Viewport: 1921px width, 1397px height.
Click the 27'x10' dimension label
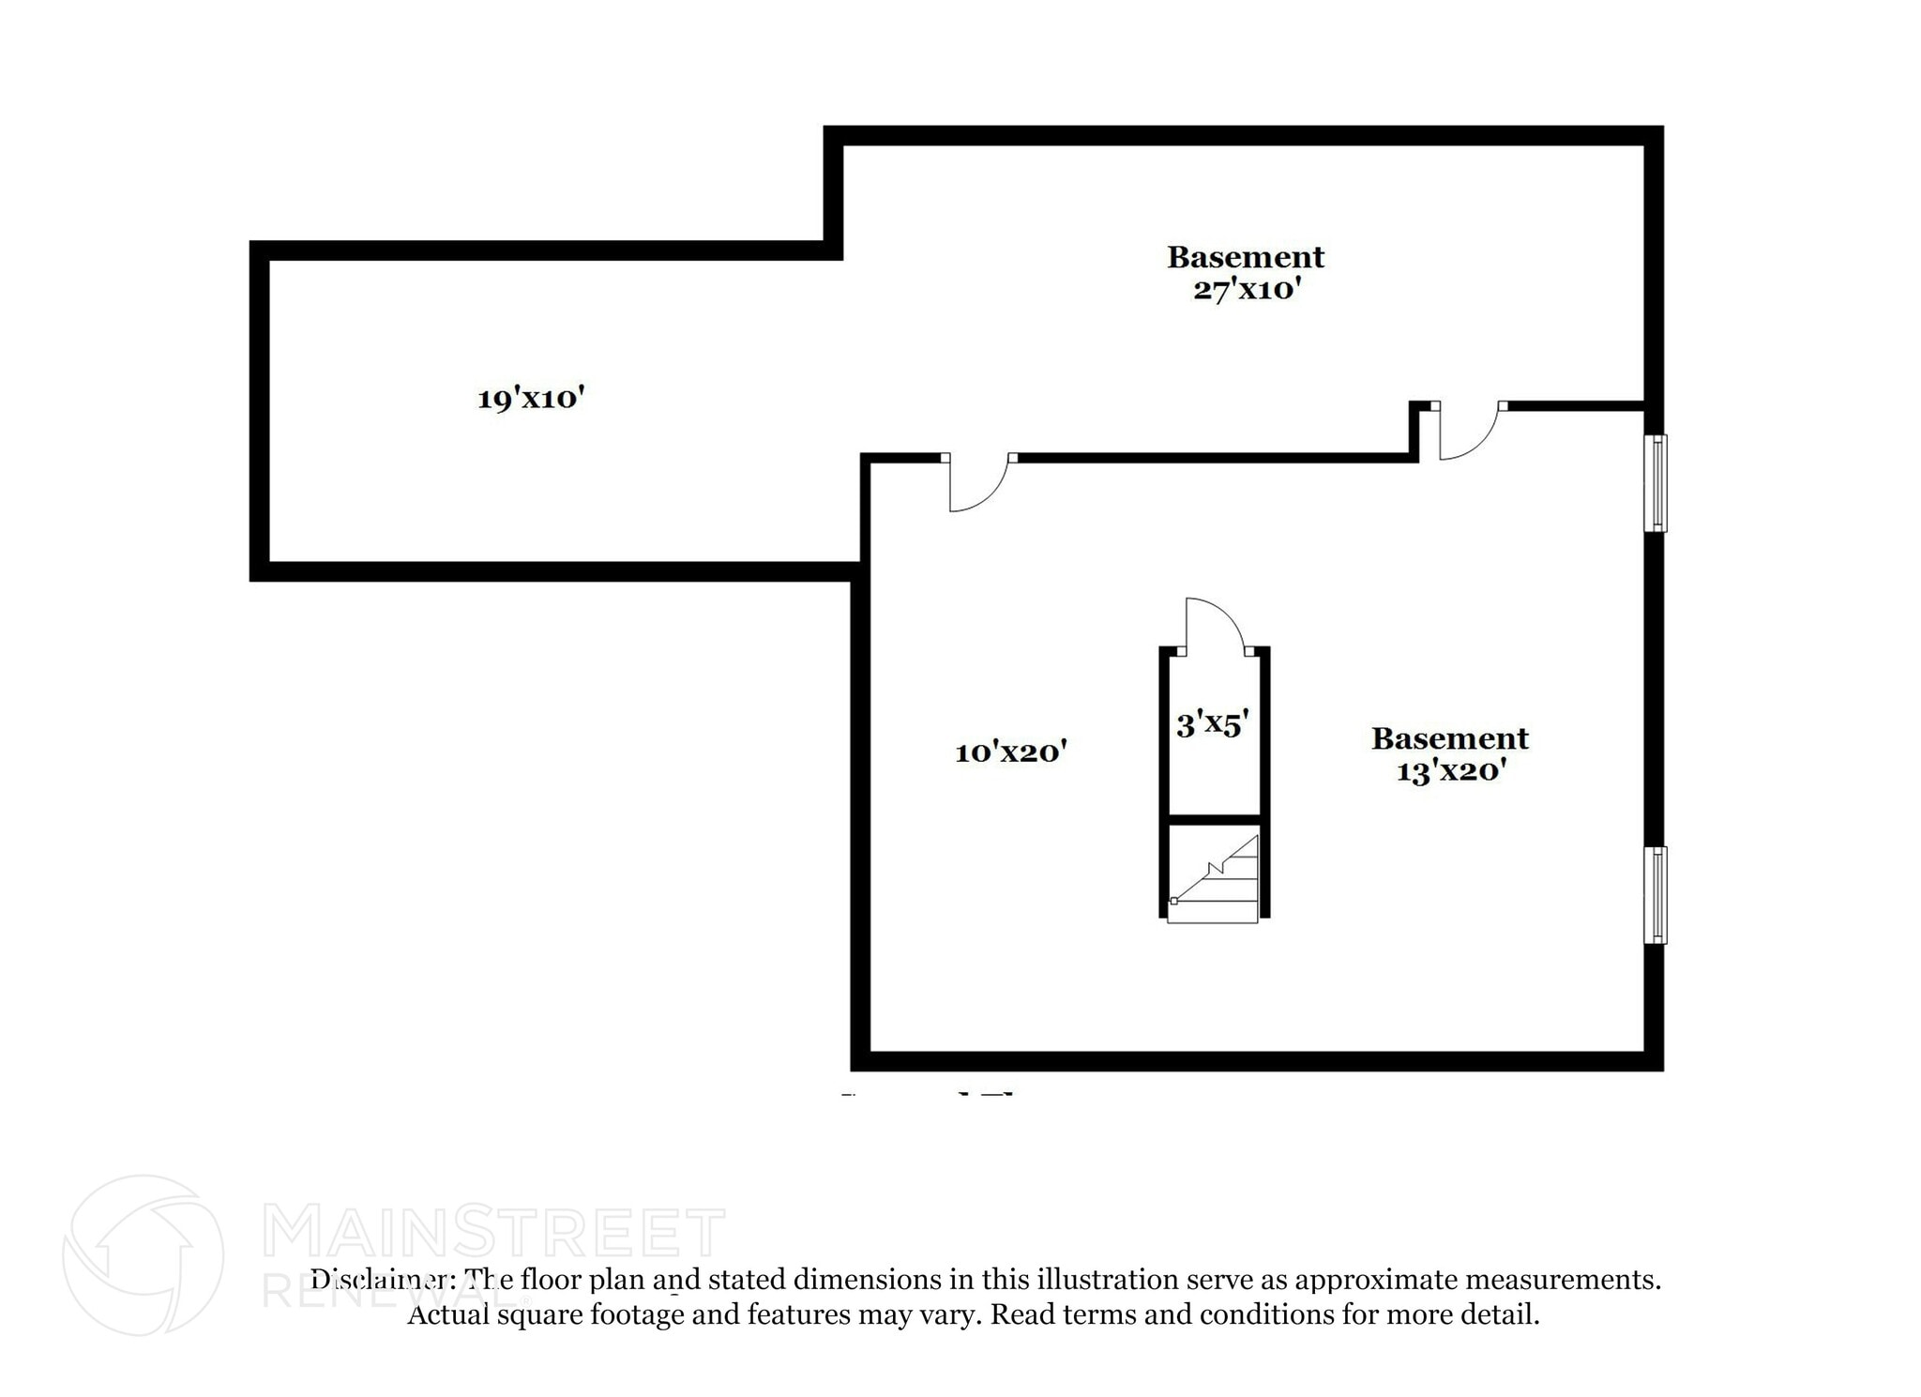pos(1246,290)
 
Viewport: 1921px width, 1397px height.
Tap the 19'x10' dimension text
pos(531,399)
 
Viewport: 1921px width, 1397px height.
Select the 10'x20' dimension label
pos(1010,752)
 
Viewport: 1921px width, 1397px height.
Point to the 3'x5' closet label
pos(1212,724)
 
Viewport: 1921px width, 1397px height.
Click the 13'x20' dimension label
pos(1450,771)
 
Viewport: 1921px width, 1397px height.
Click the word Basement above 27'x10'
pos(1246,257)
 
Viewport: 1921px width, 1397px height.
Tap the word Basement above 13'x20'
pos(1450,739)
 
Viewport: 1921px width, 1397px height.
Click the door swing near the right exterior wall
pos(1467,433)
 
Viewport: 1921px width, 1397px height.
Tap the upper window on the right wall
pos(1657,483)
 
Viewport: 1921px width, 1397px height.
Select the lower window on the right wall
pos(1657,895)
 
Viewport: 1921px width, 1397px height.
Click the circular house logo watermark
pos(143,1254)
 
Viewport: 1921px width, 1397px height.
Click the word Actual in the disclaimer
pos(448,1314)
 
